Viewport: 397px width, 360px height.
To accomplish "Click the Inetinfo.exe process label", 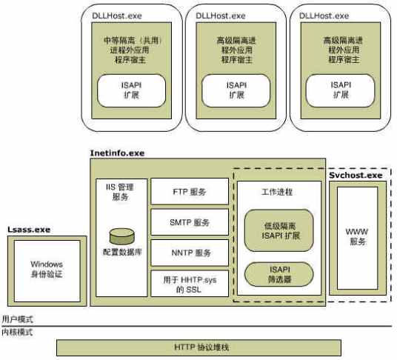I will pyautogui.click(x=117, y=153).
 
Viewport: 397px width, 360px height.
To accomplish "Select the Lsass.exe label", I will pyautogui.click(x=29, y=230).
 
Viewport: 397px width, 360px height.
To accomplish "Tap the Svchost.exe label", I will pyautogui.click(x=355, y=175).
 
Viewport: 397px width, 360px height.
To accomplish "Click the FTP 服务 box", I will pyautogui.click(x=189, y=193).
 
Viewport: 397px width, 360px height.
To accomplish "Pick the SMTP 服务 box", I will pyautogui.click(x=189, y=222).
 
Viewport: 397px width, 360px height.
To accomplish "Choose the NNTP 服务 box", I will pyautogui.click(x=189, y=253).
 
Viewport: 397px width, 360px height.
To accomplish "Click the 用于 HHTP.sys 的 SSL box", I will pyautogui.click(x=189, y=284).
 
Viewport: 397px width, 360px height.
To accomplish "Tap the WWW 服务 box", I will pyautogui.click(x=356, y=236).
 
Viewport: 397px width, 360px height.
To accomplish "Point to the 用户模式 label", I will pyautogui.click(x=17, y=319).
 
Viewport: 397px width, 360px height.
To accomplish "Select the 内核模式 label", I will pyautogui.click(x=17, y=333).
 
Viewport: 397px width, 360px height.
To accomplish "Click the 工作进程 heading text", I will pyautogui.click(x=278, y=192).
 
